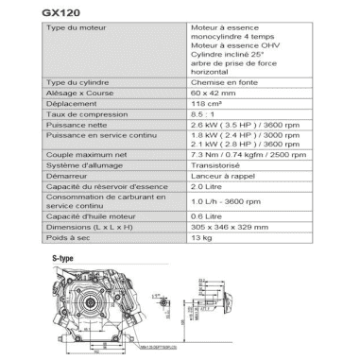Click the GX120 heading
click(x=62, y=12)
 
